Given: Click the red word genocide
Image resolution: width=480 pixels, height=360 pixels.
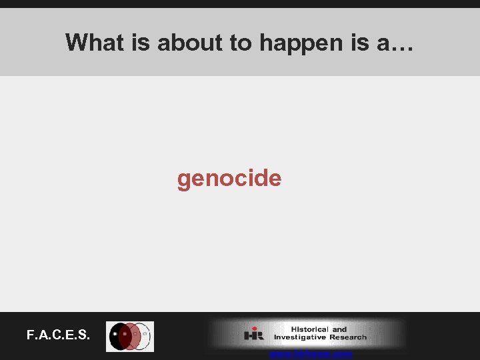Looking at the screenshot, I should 229,179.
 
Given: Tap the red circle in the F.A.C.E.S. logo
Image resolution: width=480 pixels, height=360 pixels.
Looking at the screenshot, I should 131,337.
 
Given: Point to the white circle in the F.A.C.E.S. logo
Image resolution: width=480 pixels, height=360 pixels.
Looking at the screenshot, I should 143,335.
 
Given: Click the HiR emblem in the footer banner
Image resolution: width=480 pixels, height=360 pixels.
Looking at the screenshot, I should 253,333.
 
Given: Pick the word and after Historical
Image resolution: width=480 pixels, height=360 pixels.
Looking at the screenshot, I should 339,329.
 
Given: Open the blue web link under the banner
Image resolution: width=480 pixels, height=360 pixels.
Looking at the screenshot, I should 311,355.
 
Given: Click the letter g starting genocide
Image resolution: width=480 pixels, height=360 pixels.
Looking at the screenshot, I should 184,180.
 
